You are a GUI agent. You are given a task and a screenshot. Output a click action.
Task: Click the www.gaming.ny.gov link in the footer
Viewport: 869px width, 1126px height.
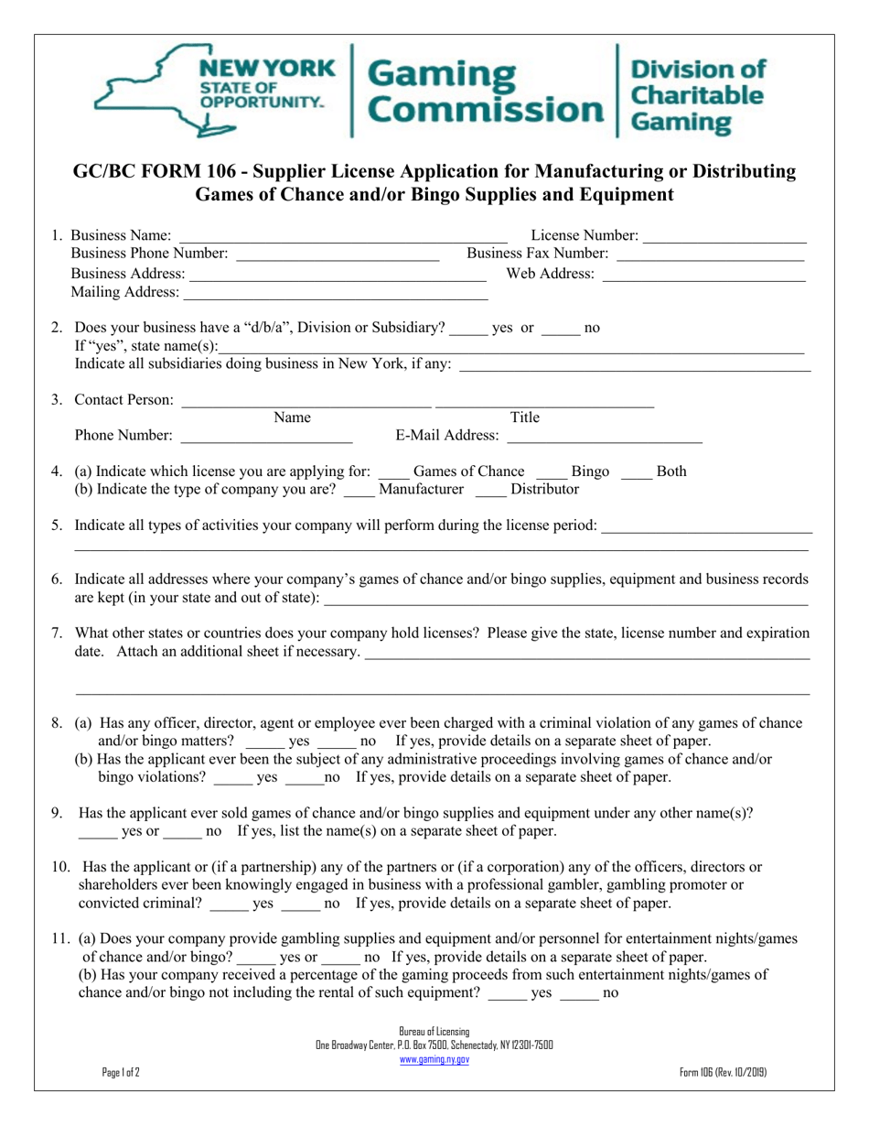click(x=434, y=1059)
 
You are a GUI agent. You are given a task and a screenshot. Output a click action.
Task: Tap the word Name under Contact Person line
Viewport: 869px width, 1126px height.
click(x=292, y=418)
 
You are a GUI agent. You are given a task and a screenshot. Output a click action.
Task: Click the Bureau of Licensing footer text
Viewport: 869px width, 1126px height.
click(x=434, y=1032)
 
